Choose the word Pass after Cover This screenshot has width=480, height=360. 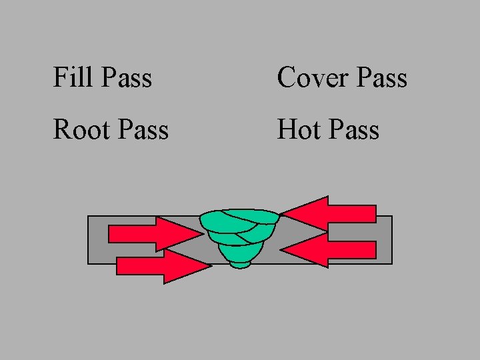[x=381, y=77]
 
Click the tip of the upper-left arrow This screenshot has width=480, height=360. [x=200, y=233]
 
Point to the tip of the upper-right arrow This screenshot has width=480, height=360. [x=281, y=213]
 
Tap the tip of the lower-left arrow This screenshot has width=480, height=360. [x=210, y=266]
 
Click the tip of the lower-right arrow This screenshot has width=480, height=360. [x=281, y=250]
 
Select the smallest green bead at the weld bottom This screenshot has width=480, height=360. [x=240, y=264]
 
